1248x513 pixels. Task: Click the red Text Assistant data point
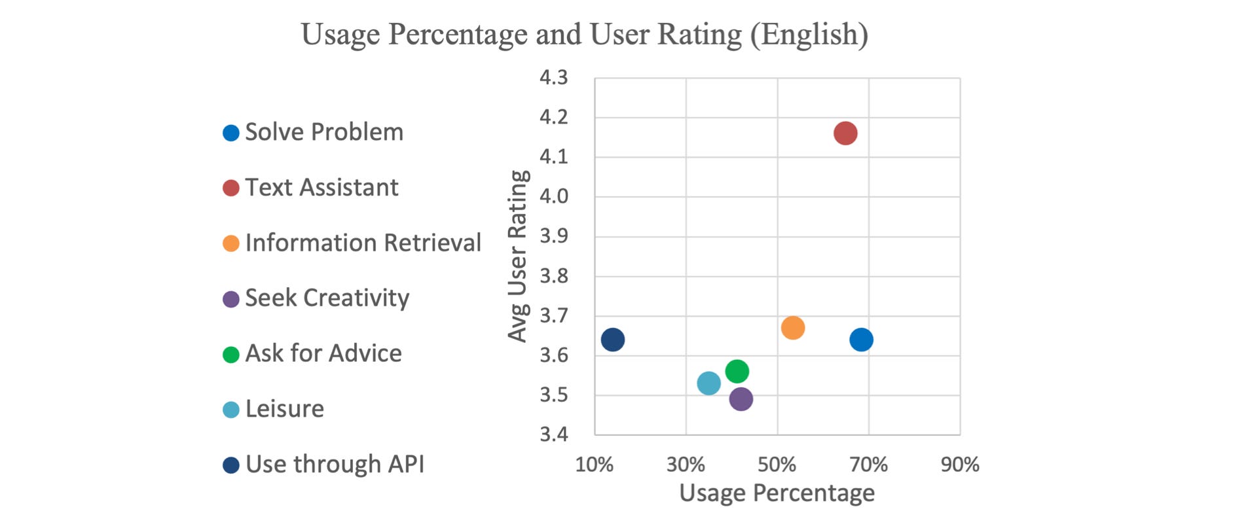coord(845,133)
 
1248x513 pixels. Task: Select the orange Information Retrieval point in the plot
coord(793,328)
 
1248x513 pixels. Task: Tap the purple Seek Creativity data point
coord(741,399)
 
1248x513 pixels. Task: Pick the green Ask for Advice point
coord(737,372)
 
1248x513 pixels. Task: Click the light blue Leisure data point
coord(708,383)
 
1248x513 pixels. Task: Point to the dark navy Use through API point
coord(613,340)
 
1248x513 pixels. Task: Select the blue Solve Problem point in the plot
coord(861,340)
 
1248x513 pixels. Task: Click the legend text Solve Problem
coord(324,132)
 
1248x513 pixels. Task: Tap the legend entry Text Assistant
coord(321,188)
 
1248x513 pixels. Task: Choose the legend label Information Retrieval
coord(363,243)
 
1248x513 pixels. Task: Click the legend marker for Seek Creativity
coord(231,300)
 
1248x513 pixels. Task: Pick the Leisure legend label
coord(285,409)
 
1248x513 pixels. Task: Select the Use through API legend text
coord(335,465)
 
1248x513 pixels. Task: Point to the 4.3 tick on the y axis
coord(554,78)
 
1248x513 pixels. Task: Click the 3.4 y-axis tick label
coord(554,434)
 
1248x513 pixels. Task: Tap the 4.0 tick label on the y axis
coord(554,196)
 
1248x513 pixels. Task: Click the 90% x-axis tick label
coord(960,465)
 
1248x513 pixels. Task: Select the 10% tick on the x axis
coord(595,465)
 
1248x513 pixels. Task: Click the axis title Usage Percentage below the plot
coord(777,493)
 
